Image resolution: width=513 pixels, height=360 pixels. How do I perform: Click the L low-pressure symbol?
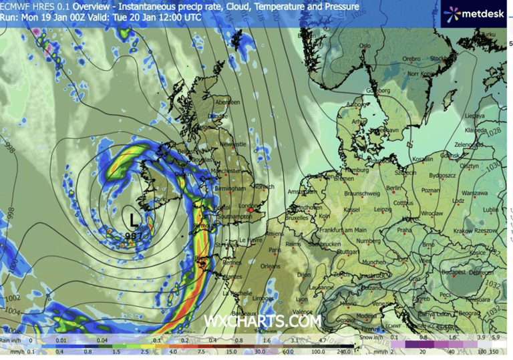[x=134, y=219]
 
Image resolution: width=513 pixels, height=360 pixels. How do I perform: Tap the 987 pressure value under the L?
[x=134, y=236]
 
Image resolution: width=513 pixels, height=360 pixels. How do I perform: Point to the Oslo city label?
[x=364, y=46]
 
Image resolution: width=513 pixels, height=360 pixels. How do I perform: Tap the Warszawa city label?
[x=475, y=192]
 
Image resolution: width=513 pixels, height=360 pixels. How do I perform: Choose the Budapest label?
[x=457, y=272]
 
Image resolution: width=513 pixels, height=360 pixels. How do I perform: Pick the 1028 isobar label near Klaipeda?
[x=496, y=131]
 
